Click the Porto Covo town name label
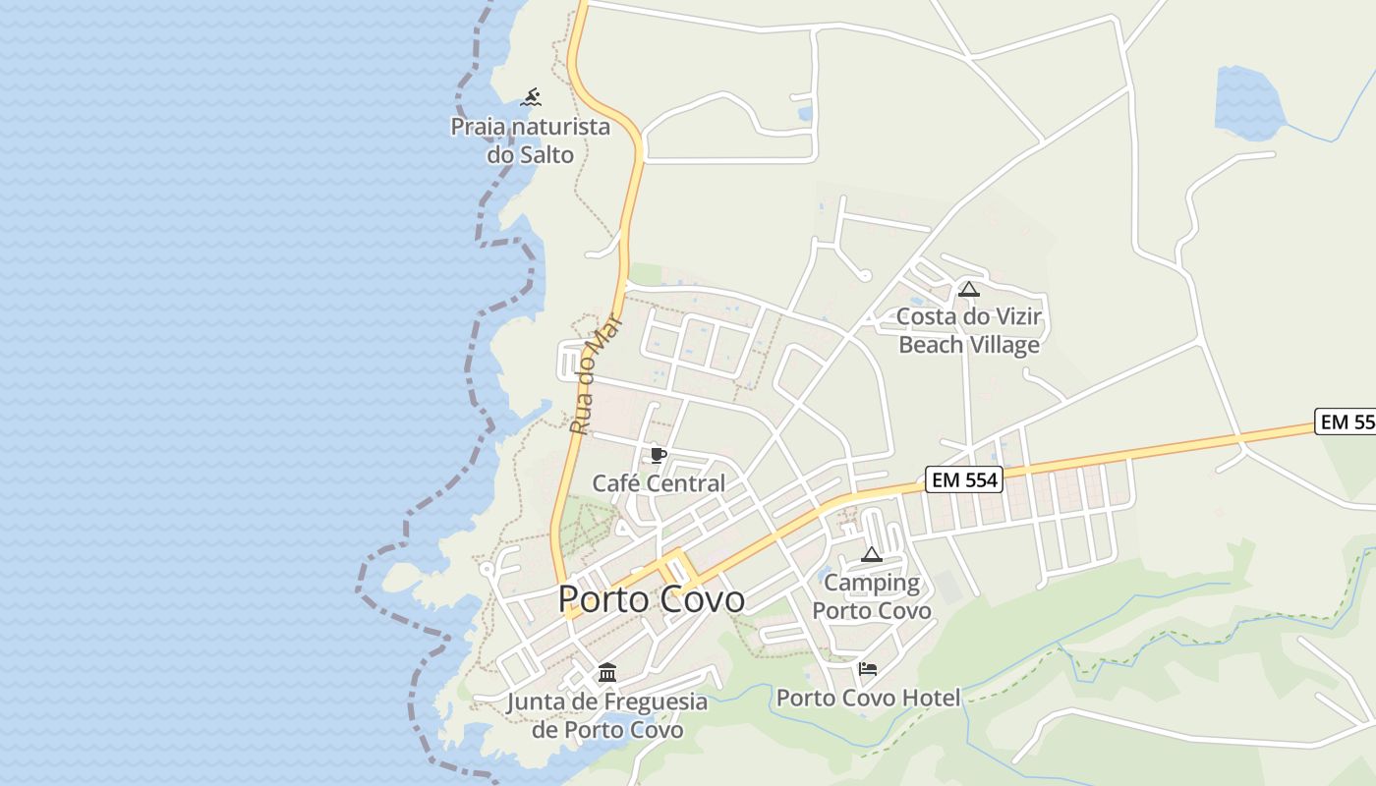pos(651,598)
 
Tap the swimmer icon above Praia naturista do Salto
pos(531,97)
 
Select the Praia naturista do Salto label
pos(530,140)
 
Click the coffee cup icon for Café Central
pos(658,455)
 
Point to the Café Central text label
pos(658,483)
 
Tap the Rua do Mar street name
pos(597,374)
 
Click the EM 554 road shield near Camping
pos(963,480)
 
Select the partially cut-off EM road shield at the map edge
pos(1347,421)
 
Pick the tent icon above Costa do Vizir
pos(969,289)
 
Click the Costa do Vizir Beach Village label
pos(969,331)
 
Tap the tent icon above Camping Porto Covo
pos(872,554)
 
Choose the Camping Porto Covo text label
pos(872,596)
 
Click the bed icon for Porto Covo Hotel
pos(868,669)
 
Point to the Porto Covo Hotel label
pos(868,699)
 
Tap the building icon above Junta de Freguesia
pos(607,673)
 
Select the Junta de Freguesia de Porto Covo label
pos(607,715)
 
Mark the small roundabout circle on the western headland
pos(486,569)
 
